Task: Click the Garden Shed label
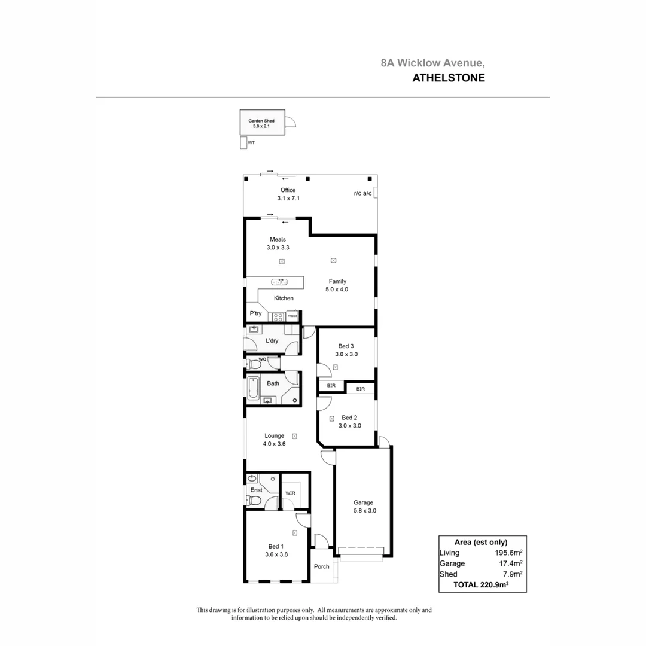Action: [x=261, y=120]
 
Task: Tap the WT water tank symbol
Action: [x=243, y=143]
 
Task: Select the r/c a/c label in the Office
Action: [x=362, y=193]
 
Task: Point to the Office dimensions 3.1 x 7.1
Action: [x=288, y=198]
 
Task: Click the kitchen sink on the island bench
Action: [x=280, y=281]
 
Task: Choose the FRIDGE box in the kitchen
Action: [x=292, y=316]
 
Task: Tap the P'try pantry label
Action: [x=255, y=313]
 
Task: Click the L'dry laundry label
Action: [x=272, y=341]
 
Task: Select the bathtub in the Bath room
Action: [x=253, y=389]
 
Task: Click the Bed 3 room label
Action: [x=346, y=346]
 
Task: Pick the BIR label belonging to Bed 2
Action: [x=361, y=389]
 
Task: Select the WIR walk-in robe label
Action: [x=290, y=493]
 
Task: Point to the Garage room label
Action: [x=363, y=502]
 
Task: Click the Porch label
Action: [x=322, y=566]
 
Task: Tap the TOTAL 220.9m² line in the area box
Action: [x=482, y=585]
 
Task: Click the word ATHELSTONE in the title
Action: [x=449, y=77]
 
